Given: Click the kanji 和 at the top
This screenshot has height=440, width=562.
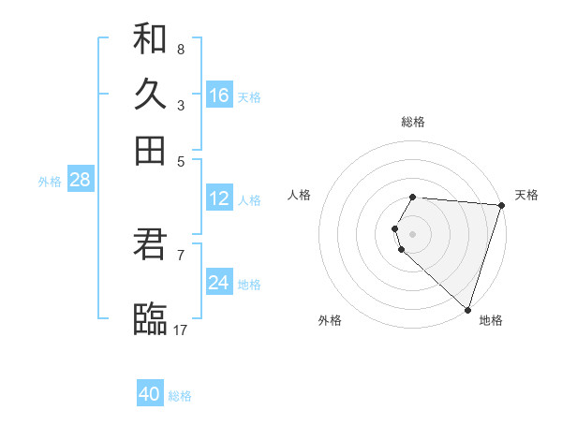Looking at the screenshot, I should tap(150, 38).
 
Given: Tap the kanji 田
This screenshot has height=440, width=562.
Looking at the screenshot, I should tap(150, 150).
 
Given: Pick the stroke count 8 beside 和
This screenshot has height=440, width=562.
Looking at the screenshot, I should tap(180, 49).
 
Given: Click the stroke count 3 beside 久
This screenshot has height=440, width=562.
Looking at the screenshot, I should tap(180, 105).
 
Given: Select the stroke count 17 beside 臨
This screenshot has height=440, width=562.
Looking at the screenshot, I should tap(181, 330).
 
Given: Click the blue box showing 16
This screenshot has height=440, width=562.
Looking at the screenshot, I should tap(219, 95).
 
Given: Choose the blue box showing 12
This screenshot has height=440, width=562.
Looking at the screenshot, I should tap(219, 198).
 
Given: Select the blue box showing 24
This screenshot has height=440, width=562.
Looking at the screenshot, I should tap(219, 283).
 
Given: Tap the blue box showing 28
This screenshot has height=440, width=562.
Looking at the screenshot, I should tap(80, 180).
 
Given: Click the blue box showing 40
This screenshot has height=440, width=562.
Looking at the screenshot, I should tap(150, 394).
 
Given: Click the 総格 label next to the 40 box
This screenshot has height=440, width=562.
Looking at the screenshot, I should tap(180, 396).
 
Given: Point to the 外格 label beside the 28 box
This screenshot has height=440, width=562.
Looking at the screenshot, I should tap(49, 182).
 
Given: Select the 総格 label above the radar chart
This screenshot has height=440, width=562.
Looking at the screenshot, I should tap(412, 122).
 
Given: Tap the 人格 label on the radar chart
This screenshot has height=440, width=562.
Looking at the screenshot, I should tap(300, 195).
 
